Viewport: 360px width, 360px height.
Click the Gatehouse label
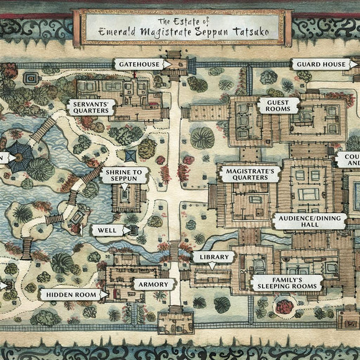[x=138, y=64]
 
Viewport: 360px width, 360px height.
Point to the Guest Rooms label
[x=279, y=106]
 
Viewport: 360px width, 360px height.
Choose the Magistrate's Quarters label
[x=247, y=173]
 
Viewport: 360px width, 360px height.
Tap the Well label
[x=107, y=230]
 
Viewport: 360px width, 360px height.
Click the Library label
[x=213, y=256]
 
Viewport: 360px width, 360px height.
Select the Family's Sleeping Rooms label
[x=287, y=282]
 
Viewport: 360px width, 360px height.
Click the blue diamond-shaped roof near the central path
[x=130, y=155]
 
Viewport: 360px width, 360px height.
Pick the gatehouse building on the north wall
[x=176, y=63]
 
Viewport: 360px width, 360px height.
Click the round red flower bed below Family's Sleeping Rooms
[x=285, y=306]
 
